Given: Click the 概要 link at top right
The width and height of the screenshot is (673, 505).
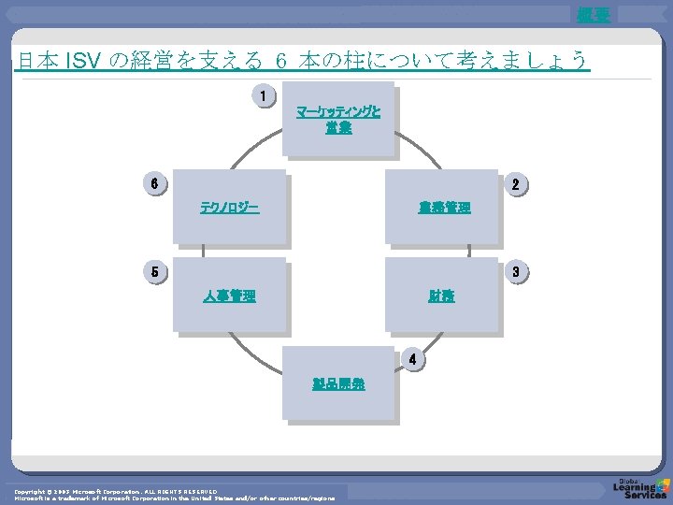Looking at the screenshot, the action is pyautogui.click(x=593, y=13).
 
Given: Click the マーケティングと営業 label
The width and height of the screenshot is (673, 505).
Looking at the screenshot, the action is pyautogui.click(x=338, y=120).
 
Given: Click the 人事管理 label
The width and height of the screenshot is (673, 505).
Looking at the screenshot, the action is pyautogui.click(x=230, y=296).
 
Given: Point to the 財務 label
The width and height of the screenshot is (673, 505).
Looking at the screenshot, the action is pyautogui.click(x=442, y=296).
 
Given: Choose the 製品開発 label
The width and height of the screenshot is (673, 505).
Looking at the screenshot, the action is pyautogui.click(x=338, y=383).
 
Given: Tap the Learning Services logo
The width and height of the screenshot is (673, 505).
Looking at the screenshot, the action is pyautogui.click(x=639, y=487).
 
